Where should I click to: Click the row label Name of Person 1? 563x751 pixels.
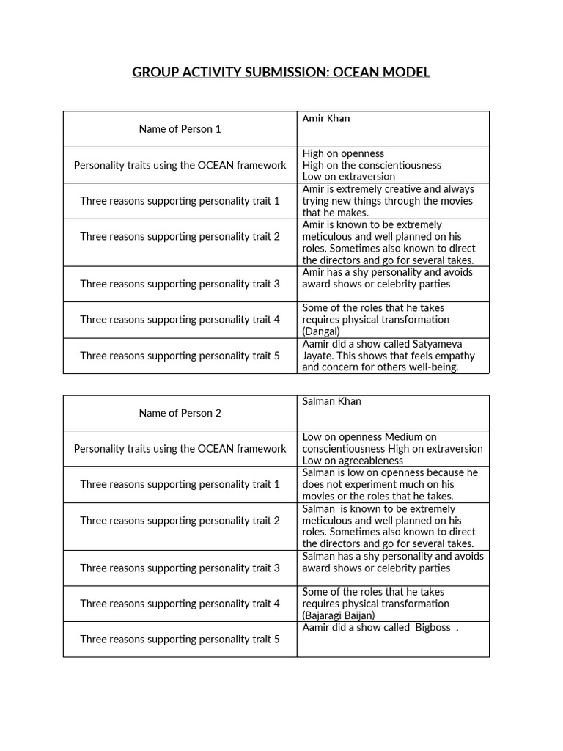pyautogui.click(x=180, y=129)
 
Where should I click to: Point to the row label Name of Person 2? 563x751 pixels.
pyautogui.click(x=180, y=413)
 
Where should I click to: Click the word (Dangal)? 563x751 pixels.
pyautogui.click(x=321, y=331)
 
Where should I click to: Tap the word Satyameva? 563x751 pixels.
pyautogui.click(x=436, y=344)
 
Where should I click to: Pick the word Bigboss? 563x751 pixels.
pyautogui.click(x=433, y=628)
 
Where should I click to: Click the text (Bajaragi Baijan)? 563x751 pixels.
pyautogui.click(x=338, y=615)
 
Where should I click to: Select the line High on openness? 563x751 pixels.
pyautogui.click(x=343, y=153)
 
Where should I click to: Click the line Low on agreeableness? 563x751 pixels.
pyautogui.click(x=353, y=461)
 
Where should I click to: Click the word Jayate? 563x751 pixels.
pyautogui.click(x=317, y=356)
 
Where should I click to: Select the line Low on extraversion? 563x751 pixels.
pyautogui.click(x=348, y=177)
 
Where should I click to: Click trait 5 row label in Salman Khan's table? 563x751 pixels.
pyautogui.click(x=180, y=640)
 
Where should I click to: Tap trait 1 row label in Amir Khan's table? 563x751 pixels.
pyautogui.click(x=180, y=201)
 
